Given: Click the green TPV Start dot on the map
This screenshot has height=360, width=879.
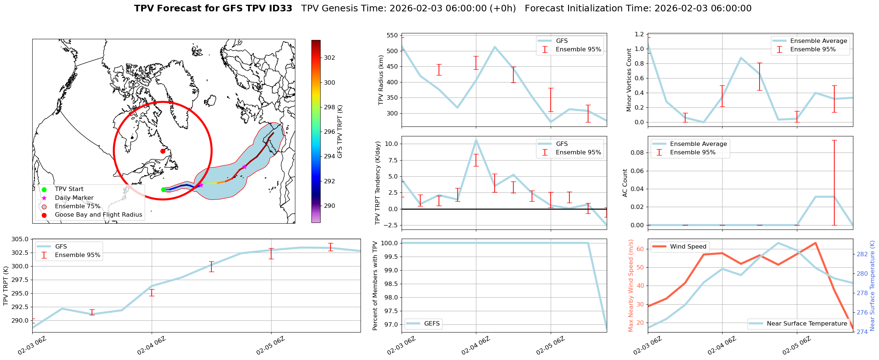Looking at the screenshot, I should point(163,190).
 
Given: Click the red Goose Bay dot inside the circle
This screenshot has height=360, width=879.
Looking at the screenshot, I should point(163,151).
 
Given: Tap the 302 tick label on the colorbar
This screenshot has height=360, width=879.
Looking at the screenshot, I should point(329,58).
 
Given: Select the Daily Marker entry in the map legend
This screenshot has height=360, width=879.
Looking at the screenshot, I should point(74,198).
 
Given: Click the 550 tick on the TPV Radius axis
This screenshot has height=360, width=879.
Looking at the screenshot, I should point(392,36).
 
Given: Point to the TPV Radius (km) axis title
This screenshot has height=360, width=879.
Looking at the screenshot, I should point(381,80).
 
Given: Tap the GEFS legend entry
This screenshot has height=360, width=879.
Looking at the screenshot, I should point(432,323).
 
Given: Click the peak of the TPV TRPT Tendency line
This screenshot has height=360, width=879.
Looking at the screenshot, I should point(476,140).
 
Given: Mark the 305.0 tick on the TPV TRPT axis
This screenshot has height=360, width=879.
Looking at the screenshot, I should point(21,239).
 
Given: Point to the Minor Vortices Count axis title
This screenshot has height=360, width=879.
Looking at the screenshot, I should point(629,80).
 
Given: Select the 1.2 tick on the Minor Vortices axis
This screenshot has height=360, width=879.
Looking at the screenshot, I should point(639,34).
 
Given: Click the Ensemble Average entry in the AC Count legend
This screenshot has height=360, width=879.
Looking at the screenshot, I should point(698,144).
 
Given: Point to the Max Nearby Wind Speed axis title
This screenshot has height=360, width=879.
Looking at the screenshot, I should point(631,285).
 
